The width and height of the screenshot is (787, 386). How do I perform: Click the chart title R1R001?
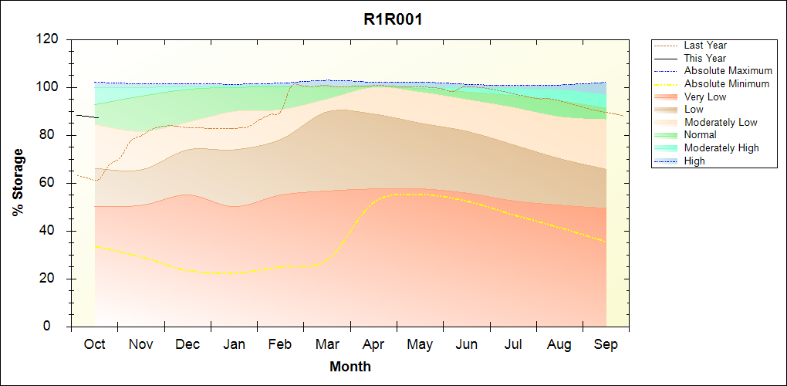(393, 20)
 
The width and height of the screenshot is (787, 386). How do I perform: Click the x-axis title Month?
(350, 367)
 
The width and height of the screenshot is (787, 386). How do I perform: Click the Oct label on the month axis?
(94, 344)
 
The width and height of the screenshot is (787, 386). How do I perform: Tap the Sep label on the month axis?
(606, 344)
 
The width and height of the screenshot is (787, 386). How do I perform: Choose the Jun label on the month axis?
(466, 344)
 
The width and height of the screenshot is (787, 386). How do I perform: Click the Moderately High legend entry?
(721, 147)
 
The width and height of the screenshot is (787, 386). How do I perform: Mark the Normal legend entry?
(700, 135)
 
